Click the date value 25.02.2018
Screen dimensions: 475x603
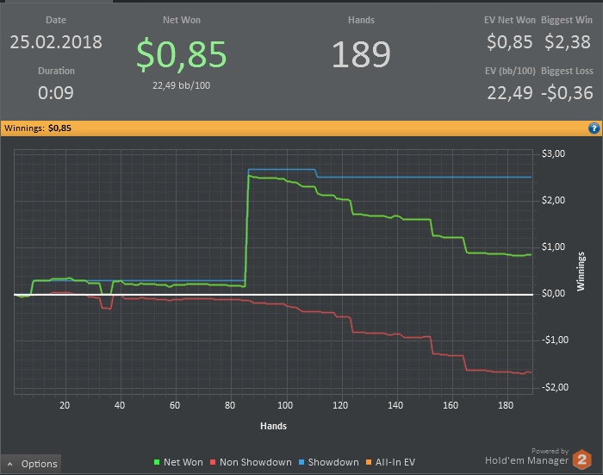55,41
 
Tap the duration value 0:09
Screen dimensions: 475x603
56,92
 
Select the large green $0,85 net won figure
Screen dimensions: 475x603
182,53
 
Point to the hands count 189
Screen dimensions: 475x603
361,54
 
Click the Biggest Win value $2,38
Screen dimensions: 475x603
567,41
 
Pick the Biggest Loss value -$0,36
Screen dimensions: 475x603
567,92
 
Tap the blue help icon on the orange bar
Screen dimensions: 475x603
594,128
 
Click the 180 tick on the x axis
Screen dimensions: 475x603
506,404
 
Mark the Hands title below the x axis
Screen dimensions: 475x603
273,425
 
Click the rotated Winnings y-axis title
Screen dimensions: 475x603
581,270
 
